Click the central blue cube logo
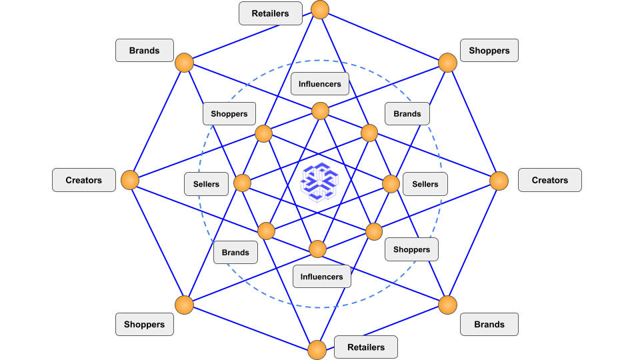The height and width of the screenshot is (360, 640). [320, 181]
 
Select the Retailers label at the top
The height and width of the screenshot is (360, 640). [270, 13]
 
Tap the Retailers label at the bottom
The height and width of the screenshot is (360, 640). [366, 347]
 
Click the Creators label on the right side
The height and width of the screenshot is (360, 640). [549, 180]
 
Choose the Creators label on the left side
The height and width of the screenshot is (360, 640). [84, 180]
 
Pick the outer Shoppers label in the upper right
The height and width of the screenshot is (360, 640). [489, 51]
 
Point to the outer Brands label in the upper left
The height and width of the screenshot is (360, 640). [145, 51]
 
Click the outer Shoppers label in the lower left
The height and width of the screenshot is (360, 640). [145, 325]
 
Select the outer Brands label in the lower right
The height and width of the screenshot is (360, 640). [489, 325]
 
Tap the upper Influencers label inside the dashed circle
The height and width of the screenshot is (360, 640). [320, 84]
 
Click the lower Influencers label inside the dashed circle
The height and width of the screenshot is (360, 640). [321, 277]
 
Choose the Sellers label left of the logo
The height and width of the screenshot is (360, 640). [206, 184]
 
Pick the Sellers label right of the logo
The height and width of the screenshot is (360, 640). [425, 184]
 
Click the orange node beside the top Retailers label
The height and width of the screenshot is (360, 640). [321, 9]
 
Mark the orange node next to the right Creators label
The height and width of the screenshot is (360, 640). [499, 181]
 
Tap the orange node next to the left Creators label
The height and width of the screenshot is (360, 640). [130, 180]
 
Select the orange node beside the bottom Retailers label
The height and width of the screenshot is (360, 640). [317, 349]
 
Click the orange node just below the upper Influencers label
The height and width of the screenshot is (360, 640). [320, 111]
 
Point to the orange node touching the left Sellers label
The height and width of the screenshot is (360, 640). [241, 183]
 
